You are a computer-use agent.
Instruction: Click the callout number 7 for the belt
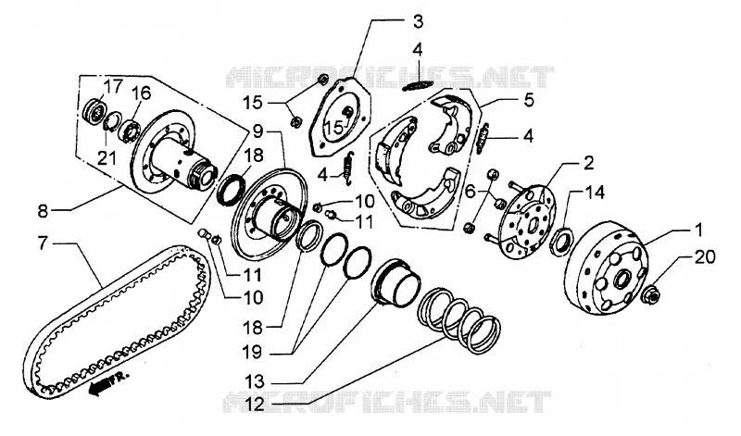43,243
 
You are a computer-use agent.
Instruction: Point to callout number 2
589,163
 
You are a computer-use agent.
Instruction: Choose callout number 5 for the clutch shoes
529,100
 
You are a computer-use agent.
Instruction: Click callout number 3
418,21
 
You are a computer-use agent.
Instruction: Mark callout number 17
112,86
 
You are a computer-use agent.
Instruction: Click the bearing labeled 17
94,111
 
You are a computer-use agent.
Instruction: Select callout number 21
107,158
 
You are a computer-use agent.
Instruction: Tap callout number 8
43,211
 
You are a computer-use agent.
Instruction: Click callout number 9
257,131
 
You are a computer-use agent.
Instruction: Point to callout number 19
253,353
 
